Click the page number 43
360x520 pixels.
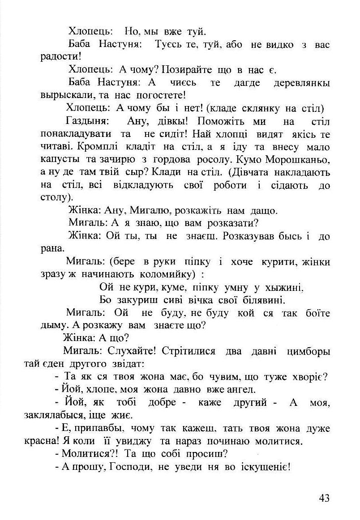click(x=325, y=498)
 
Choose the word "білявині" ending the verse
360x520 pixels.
click(x=261, y=300)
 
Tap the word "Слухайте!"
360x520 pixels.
click(x=132, y=352)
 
